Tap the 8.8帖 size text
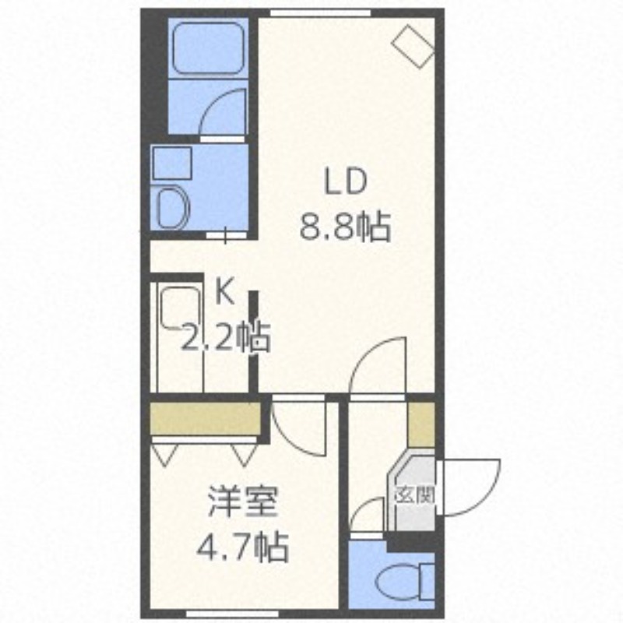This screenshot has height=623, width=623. pyautogui.click(x=345, y=228)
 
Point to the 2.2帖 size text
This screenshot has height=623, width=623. pyautogui.click(x=225, y=338)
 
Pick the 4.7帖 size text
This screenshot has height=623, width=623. pyautogui.click(x=241, y=548)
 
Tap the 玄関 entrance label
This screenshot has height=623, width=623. pyautogui.click(x=414, y=494)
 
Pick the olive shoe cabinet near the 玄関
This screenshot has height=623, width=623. pyautogui.click(x=421, y=425)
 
